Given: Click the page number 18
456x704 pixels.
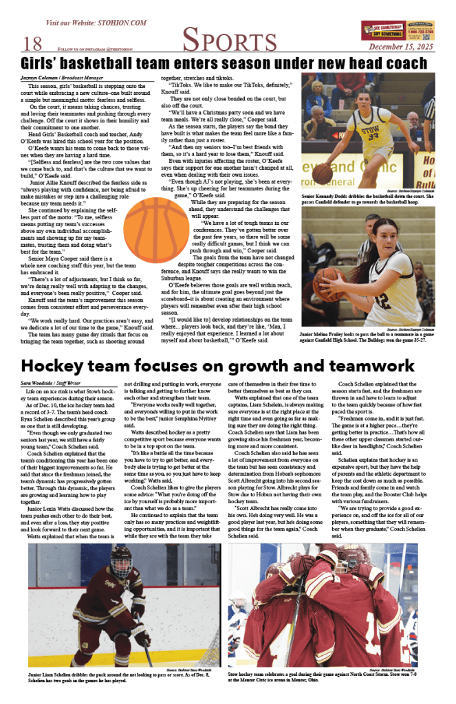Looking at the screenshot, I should (x=33, y=44).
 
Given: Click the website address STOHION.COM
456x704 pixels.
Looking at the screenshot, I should (x=115, y=22).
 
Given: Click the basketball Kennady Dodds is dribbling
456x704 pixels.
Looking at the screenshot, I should (x=323, y=173).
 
